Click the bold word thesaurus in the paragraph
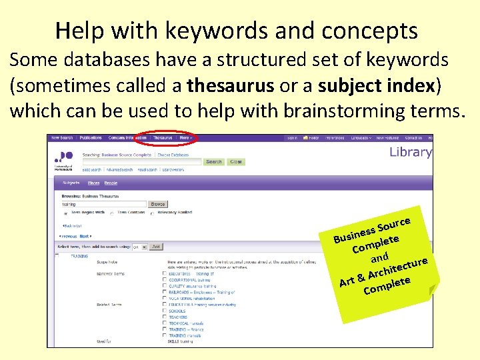tap(230, 85)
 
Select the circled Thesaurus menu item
tap(162, 138)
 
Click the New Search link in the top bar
tap(62, 138)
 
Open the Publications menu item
tap(91, 138)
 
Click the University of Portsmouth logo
tap(65, 160)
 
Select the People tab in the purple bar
tap(111, 183)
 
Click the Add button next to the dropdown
tap(156, 246)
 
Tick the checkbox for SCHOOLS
tap(165, 311)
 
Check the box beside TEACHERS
tap(165, 317)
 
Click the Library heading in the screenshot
tap(410, 152)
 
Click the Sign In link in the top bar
tap(292, 138)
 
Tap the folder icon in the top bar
tap(307, 138)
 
